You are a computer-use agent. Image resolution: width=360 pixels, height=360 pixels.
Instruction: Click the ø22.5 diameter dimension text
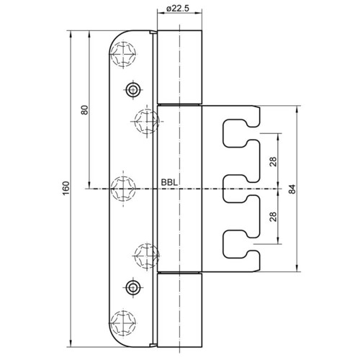click(177, 9)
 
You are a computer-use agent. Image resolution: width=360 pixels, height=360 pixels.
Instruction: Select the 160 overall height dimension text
click(66, 189)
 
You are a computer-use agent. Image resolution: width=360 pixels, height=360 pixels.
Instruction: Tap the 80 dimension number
click(85, 110)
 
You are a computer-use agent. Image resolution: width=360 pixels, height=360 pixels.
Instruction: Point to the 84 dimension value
click(292, 189)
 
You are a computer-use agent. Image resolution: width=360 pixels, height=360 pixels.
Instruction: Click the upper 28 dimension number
click(273, 161)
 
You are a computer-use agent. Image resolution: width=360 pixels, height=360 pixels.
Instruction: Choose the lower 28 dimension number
click(273, 217)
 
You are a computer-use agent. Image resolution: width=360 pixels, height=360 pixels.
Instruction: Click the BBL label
click(169, 183)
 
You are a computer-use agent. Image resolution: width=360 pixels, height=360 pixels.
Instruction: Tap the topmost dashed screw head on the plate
click(123, 55)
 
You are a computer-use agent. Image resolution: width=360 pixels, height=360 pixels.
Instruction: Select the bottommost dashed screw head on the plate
click(123, 323)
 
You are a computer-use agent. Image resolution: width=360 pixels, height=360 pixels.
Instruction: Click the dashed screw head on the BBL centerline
click(123, 189)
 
